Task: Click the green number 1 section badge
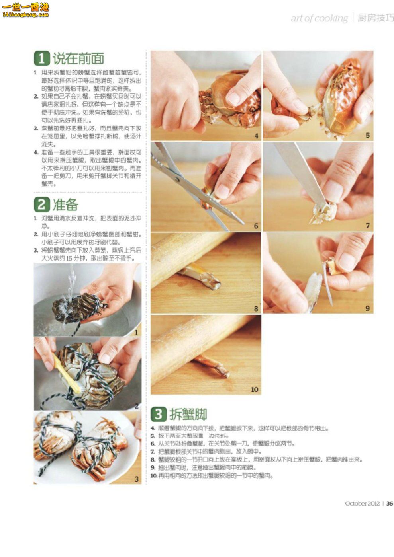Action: [41, 58]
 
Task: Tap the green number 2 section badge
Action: [41, 204]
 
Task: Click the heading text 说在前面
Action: [78, 58]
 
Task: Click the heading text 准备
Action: [66, 204]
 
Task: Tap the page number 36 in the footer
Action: [389, 503]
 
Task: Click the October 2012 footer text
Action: [362, 503]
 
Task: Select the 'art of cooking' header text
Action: [319, 18]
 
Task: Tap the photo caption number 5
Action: [367, 136]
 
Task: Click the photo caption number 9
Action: [367, 308]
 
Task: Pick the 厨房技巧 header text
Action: [375, 18]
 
